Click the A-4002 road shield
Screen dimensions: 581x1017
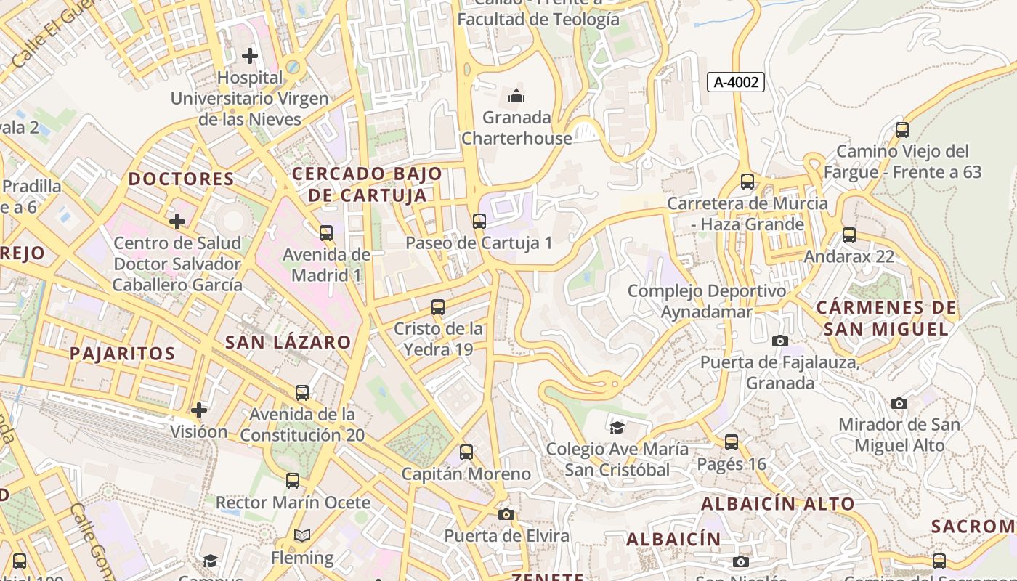[736, 82]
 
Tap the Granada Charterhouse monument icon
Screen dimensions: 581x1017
[516, 95]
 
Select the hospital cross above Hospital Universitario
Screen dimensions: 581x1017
[250, 55]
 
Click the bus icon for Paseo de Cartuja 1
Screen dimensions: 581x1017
[479, 221]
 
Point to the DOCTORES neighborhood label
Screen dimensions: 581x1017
[182, 179]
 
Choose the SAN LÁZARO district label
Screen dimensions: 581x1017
[288, 342]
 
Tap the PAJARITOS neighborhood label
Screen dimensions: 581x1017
[122, 354]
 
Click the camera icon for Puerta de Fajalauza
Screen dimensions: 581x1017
[779, 341]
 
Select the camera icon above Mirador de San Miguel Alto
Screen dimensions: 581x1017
[899, 403]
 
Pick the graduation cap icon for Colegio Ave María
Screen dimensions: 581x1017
[617, 428]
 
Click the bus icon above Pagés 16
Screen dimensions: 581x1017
[732, 442]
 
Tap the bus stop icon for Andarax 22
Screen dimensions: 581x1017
[848, 235]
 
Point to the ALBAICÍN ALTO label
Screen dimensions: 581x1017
[777, 503]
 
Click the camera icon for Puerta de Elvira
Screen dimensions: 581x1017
[506, 514]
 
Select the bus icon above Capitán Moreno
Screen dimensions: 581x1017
[466, 452]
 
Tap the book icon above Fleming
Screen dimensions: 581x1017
[302, 536]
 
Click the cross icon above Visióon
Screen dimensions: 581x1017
[198, 410]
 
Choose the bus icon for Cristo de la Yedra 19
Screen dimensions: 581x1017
[438, 306]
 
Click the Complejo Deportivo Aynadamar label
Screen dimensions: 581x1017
[706, 301]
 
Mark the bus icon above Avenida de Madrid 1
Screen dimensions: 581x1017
[326, 232]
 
